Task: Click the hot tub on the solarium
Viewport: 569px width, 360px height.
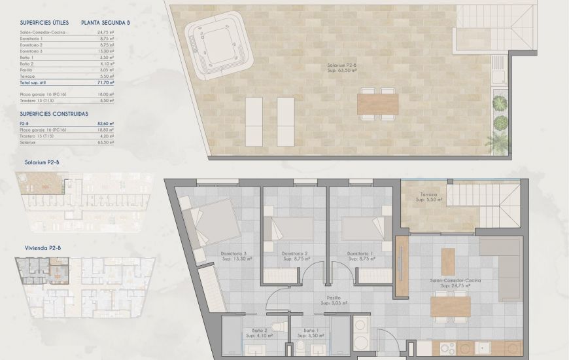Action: pos(218,48)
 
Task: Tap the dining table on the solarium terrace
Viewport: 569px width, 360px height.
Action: pos(377,103)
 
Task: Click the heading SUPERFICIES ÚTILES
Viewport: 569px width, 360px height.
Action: pos(44,22)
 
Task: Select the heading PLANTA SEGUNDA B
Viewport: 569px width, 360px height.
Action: pos(105,22)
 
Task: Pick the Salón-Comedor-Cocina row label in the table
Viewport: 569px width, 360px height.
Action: pos(39,31)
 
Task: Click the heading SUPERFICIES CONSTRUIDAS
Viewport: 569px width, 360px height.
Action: pos(54,113)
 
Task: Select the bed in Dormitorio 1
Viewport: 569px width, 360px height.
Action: pos(358,228)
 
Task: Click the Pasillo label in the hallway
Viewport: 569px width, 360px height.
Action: pos(337,299)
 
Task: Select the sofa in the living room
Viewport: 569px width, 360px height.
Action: pos(500,268)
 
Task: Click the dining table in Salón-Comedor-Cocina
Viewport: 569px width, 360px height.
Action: pos(450,305)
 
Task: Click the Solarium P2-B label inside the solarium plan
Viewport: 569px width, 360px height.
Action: pos(342,65)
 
